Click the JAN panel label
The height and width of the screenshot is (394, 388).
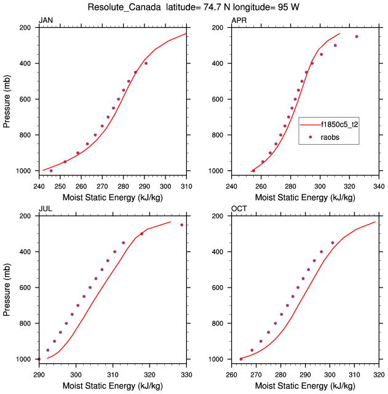tap(46, 20)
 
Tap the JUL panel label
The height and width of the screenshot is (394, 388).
tap(46, 209)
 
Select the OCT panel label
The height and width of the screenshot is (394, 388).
tap(239, 209)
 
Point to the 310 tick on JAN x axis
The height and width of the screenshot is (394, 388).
tap(186, 180)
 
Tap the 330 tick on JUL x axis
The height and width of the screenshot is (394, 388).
tap(186, 369)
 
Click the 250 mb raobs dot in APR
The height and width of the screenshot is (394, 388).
tap(357, 36)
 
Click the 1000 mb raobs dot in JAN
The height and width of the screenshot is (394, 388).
tap(51, 171)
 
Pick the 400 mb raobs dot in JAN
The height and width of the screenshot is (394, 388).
tap(146, 63)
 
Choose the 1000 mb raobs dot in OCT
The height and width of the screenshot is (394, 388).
tap(241, 359)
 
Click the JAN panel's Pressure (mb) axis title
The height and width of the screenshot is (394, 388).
tap(7, 99)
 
